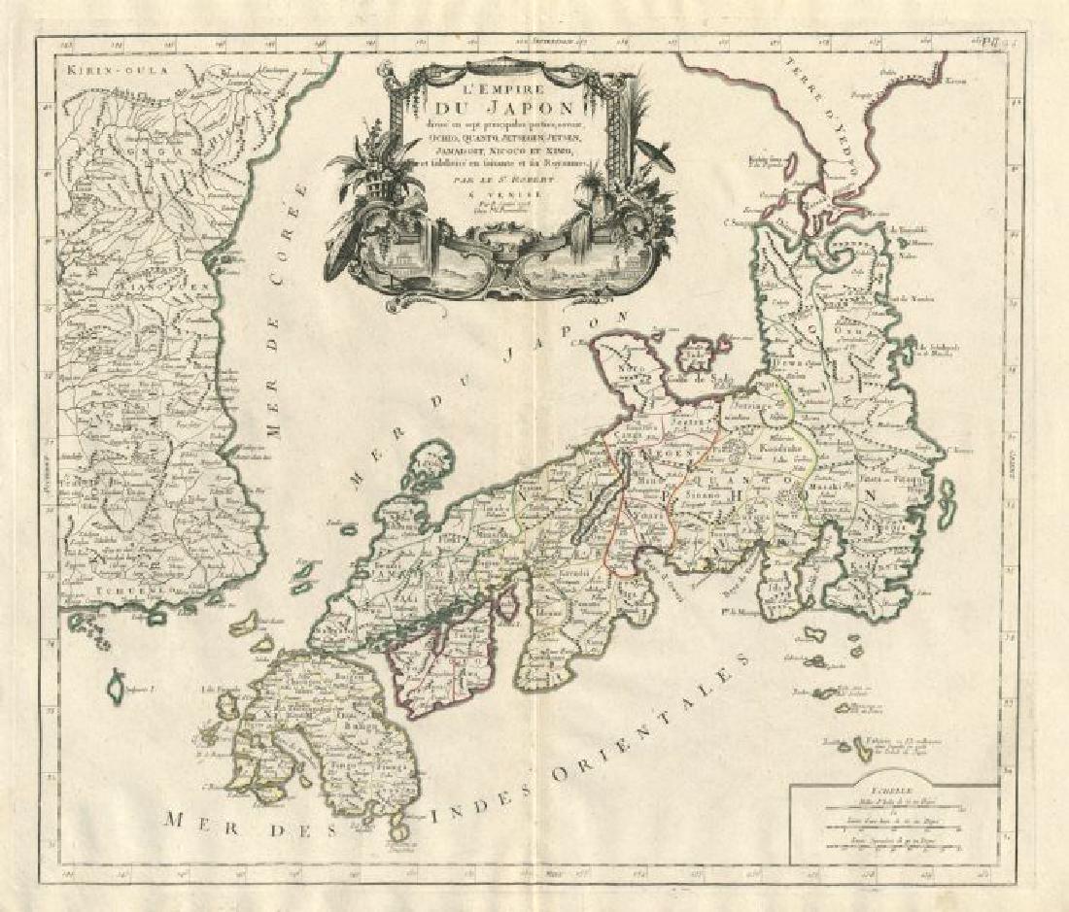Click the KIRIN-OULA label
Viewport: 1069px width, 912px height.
[x=103, y=69]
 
